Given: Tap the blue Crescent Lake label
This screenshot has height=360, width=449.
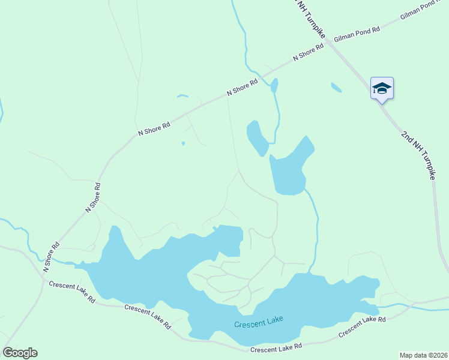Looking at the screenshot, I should point(258,324).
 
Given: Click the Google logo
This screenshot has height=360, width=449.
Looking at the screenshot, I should point(20,353).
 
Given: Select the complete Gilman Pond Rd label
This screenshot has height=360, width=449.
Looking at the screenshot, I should point(357,33).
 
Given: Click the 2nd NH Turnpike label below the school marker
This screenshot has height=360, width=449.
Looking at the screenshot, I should point(418,152).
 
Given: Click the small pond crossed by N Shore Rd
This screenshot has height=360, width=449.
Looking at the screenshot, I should point(274,85).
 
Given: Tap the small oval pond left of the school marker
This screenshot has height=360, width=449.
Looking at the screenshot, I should point(336,88).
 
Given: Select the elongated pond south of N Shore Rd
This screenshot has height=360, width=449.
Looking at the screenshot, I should point(257,138).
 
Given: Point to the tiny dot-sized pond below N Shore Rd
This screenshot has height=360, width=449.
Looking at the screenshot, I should point(183,143).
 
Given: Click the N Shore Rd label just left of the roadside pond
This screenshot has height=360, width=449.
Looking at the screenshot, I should point(242,87).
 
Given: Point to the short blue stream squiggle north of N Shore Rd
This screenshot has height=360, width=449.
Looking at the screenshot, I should point(182,96).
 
